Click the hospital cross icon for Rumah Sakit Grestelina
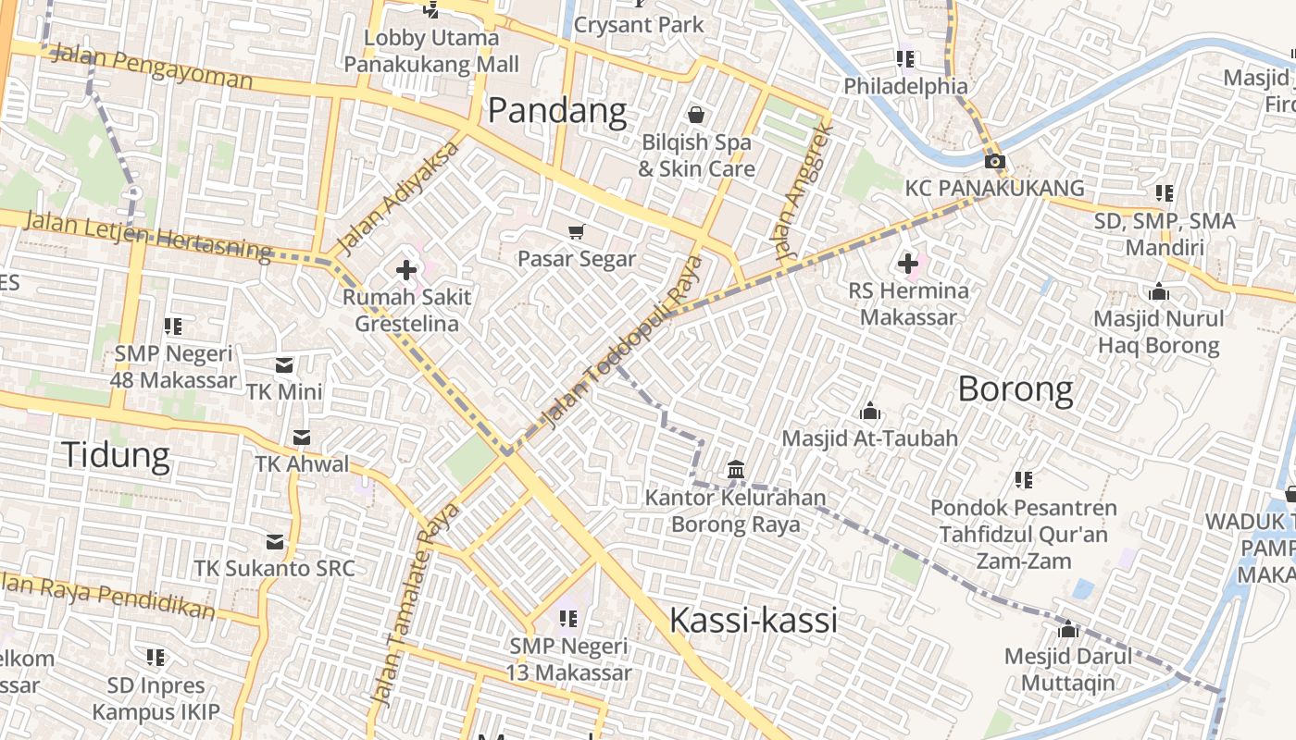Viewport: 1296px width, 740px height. [x=405, y=270]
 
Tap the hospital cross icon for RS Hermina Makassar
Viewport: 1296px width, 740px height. [x=908, y=264]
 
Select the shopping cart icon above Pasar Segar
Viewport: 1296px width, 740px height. [x=577, y=231]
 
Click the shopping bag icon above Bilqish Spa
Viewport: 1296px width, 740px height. [x=696, y=115]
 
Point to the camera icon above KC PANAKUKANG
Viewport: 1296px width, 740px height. [x=995, y=162]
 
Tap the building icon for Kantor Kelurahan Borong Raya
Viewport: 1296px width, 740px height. [x=736, y=470]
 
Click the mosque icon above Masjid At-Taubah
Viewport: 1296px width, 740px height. [x=870, y=411]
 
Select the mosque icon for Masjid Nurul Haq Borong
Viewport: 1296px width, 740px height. [x=1158, y=292]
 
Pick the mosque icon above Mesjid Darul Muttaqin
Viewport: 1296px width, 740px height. [x=1068, y=629]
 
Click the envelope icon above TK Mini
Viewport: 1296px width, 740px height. [x=284, y=364]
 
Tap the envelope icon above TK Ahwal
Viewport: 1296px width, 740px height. [x=302, y=437]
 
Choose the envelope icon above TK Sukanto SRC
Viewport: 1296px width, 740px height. [x=275, y=541]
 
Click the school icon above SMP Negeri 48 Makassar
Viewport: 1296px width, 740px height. [x=173, y=326]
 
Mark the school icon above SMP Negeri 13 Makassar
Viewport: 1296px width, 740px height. [x=567, y=617]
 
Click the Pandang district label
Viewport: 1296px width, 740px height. [x=557, y=111]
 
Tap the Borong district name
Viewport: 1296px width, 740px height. [x=1016, y=388]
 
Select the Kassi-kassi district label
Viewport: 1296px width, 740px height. [x=753, y=620]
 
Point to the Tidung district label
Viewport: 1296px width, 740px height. [x=116, y=455]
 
